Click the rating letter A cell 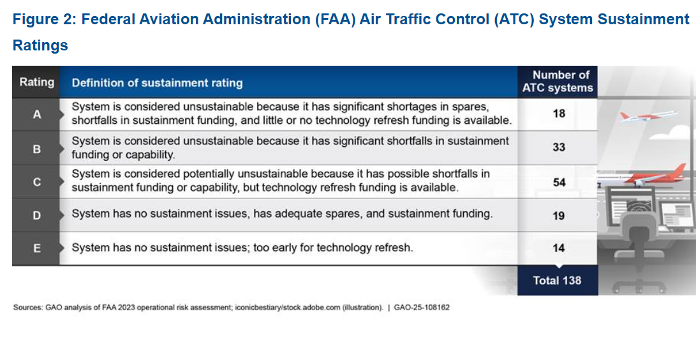[36, 114]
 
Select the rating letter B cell [36, 149]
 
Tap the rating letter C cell [36, 182]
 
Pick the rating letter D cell [36, 215]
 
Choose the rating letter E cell [36, 248]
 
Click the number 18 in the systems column [559, 114]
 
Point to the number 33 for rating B [559, 147]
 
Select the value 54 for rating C [559, 183]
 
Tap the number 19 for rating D [559, 216]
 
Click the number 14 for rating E [559, 248]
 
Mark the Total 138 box [558, 281]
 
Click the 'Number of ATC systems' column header [558, 82]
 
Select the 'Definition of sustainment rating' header [157, 83]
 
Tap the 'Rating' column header [36, 82]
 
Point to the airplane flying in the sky [648, 116]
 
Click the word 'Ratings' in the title [40, 45]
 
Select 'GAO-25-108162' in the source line [422, 307]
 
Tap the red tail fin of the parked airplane [679, 171]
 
